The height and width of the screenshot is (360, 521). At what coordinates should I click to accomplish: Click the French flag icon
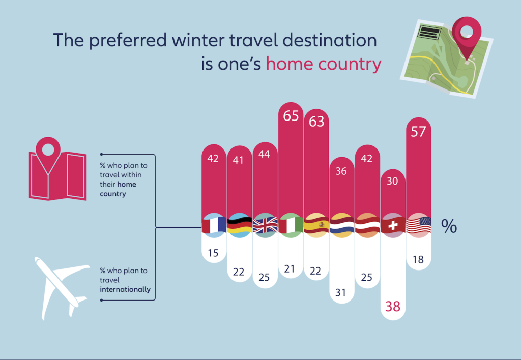[214, 225]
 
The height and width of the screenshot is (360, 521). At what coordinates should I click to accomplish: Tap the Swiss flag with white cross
[393, 225]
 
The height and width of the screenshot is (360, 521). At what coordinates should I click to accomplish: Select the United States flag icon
[419, 225]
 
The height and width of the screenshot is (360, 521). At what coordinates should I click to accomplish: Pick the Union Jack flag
[265, 225]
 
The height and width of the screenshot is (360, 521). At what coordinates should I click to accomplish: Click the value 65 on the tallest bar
[291, 116]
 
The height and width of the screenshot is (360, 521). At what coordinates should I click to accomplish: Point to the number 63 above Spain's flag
[316, 122]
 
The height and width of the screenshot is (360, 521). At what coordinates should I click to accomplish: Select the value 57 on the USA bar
[418, 132]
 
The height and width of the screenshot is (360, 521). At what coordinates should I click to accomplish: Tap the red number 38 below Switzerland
[393, 307]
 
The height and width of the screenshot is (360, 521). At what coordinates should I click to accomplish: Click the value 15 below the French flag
[213, 253]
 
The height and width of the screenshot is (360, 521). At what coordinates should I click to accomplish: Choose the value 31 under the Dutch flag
[340, 292]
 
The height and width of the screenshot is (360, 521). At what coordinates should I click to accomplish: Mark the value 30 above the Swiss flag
[392, 181]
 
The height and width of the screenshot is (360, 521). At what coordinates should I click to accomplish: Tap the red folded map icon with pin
[58, 169]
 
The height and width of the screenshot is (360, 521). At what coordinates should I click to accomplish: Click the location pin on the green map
[467, 37]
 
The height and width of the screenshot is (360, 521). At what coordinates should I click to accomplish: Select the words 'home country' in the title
[323, 64]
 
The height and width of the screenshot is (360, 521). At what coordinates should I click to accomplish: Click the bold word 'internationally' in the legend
[125, 290]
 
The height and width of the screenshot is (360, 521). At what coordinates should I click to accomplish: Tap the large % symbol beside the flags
[449, 226]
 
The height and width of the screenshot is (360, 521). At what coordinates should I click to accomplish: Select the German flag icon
[240, 225]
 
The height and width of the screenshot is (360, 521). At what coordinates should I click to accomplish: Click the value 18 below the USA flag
[418, 259]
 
